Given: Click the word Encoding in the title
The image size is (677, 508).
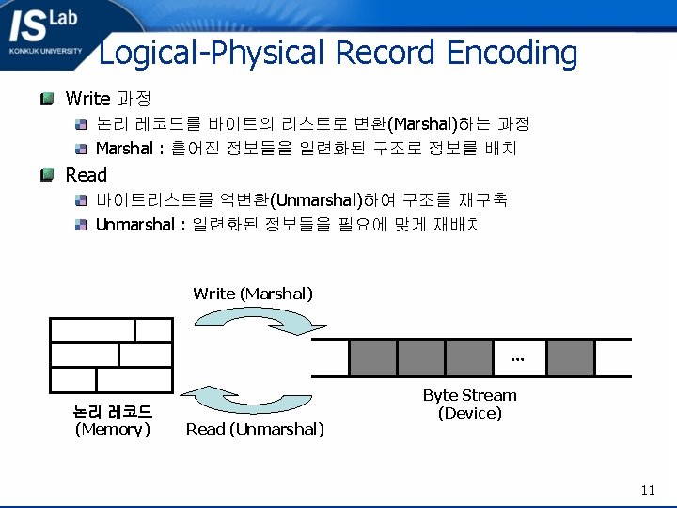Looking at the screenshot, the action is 512,53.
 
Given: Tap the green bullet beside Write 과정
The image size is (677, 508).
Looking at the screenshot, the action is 47,98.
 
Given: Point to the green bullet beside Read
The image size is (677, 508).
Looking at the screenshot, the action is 47,174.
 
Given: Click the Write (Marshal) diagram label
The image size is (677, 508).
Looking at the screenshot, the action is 253,294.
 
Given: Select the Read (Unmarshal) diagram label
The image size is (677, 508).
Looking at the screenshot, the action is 255,429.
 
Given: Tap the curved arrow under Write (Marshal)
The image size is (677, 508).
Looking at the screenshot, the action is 266,320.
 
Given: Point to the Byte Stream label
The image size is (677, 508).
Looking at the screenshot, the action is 469,395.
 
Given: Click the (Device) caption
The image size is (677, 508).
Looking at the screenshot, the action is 469,413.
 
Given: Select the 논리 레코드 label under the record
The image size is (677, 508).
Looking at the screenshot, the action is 113,412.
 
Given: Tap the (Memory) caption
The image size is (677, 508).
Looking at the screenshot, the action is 113,429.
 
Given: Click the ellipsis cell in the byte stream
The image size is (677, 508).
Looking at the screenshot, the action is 518,357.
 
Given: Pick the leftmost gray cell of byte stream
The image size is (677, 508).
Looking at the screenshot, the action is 372,357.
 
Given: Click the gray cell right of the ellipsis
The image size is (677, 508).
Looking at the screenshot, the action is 570,357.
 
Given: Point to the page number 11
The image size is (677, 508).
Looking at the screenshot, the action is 647,490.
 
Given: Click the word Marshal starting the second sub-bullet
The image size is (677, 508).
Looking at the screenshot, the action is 124,149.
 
